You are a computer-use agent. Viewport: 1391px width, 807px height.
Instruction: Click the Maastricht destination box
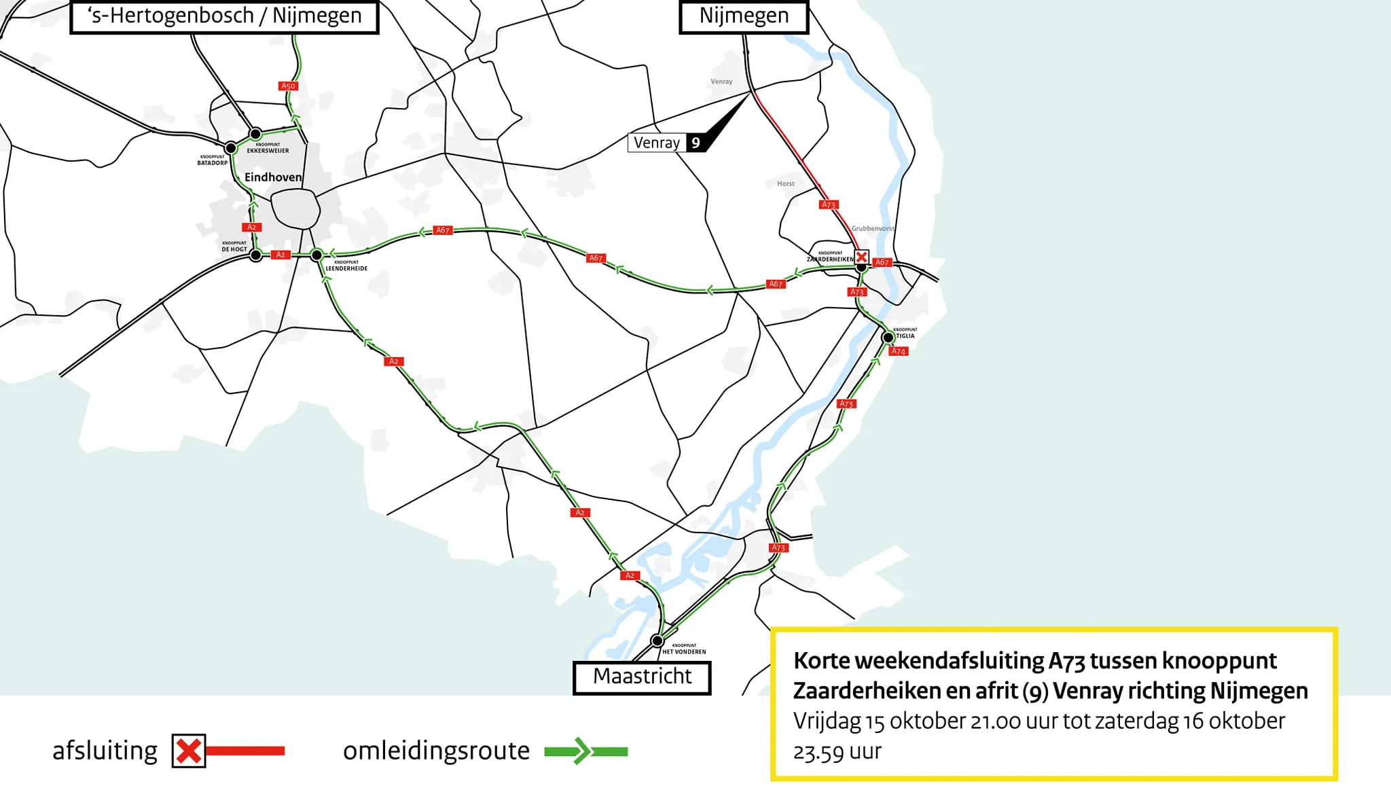[642, 677]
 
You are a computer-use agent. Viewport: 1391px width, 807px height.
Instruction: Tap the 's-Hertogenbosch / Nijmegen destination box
[224, 16]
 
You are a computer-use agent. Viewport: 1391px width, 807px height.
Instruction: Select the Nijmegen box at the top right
[744, 16]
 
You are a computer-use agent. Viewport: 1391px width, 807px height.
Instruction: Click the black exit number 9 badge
[695, 143]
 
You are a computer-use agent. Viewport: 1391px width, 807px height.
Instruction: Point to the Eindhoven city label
[272, 177]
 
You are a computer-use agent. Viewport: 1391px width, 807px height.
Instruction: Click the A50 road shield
[288, 86]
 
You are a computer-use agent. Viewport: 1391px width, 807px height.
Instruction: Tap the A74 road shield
[899, 351]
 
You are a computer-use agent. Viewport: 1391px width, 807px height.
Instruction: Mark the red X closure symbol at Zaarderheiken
[861, 257]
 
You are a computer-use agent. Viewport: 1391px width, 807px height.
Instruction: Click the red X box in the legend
[188, 751]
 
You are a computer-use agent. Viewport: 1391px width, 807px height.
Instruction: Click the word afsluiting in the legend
[105, 751]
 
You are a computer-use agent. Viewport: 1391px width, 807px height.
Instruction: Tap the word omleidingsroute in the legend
[436, 751]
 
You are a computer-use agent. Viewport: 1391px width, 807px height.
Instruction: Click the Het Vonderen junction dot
[657, 641]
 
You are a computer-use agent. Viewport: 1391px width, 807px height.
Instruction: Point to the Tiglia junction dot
[888, 338]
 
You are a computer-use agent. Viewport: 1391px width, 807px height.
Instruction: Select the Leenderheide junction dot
[317, 255]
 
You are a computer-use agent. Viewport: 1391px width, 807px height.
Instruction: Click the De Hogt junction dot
[255, 255]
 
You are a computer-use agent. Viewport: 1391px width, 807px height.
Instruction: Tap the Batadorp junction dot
[231, 147]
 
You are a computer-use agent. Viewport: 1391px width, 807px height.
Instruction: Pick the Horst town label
[786, 183]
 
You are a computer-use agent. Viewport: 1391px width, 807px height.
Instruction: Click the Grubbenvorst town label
[873, 228]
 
